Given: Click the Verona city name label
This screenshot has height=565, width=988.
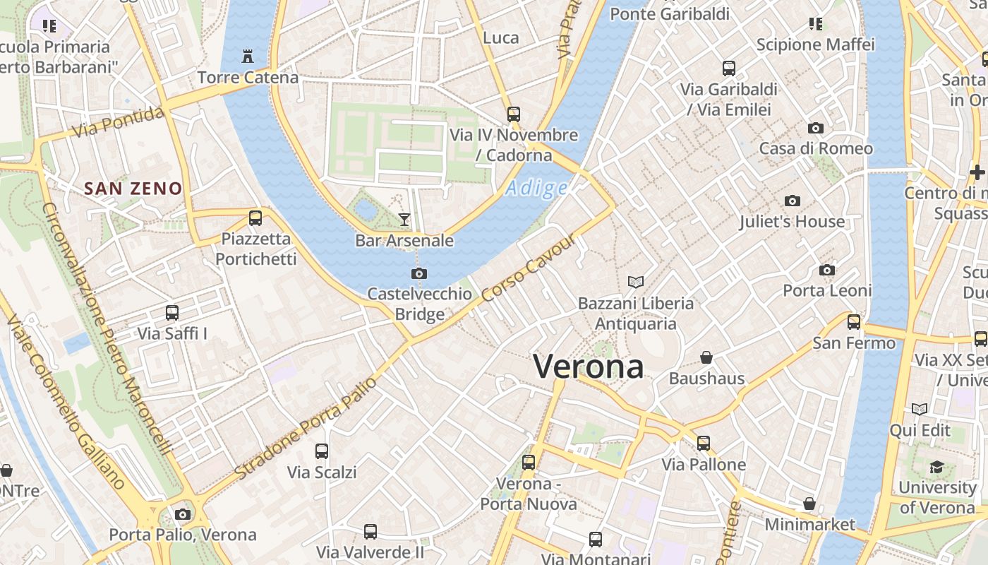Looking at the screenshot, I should point(588,367).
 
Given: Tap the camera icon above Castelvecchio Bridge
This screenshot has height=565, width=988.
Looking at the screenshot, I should point(419,273).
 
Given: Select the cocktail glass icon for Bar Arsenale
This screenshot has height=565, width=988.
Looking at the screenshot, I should point(404,220).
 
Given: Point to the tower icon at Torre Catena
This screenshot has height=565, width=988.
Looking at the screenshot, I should point(248,56).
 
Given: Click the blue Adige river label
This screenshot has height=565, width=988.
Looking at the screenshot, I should point(536,189).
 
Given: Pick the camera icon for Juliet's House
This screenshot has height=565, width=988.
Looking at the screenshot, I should point(792,201).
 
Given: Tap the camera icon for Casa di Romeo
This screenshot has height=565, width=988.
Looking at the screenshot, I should point(816,128).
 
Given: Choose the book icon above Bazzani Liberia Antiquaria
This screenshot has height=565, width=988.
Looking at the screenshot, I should point(636,282).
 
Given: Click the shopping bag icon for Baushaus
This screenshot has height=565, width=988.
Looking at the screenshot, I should point(706,357).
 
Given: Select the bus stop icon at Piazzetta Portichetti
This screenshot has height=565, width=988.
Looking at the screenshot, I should point(255,218).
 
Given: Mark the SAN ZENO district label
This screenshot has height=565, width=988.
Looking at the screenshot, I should point(133,189).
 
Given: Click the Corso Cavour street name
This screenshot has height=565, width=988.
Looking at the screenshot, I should point(529,268).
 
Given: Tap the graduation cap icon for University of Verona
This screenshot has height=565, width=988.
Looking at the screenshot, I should point(936,467).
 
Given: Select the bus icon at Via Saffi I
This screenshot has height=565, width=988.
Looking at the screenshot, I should point(172,313).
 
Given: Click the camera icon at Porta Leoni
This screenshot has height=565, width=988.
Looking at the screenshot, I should point(827,270).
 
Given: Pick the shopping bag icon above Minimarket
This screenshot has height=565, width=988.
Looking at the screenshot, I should point(809,504).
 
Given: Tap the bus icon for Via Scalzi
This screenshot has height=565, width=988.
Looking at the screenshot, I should point(322,451).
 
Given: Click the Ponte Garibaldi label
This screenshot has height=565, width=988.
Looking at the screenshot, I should point(669,14).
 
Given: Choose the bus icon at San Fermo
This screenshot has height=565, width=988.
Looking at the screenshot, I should point(854,322).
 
